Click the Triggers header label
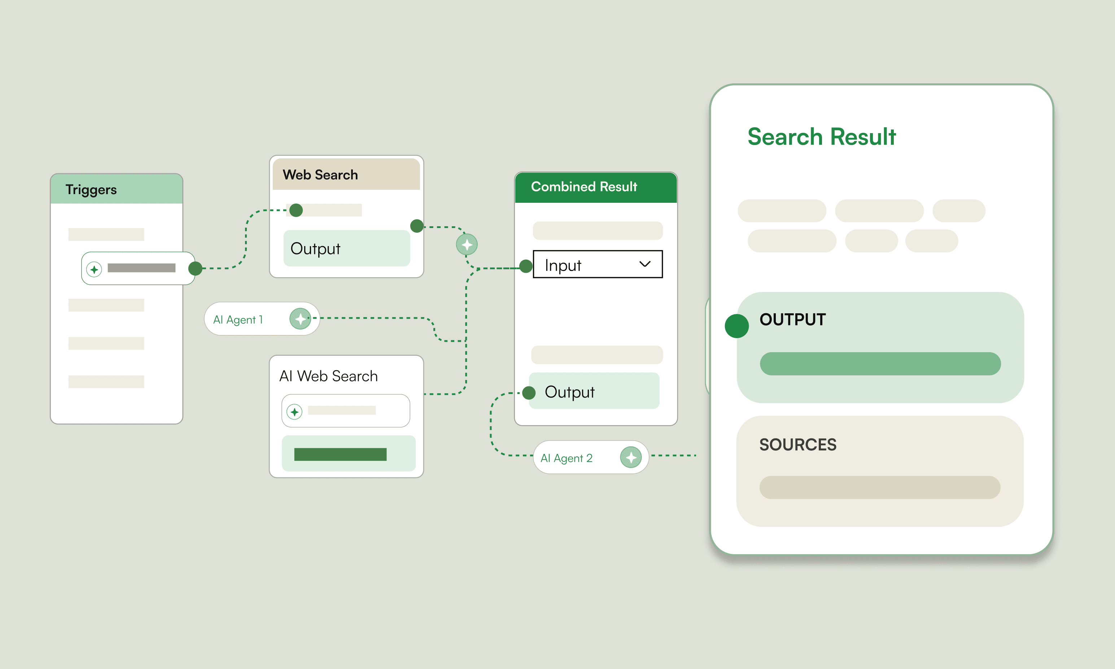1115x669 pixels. [x=91, y=190]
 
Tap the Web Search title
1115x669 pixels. [x=320, y=175]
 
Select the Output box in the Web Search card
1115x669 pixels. [x=346, y=248]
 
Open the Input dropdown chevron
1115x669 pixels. [x=645, y=264]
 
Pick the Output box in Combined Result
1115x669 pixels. [x=594, y=391]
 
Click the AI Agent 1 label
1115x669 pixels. [x=237, y=320]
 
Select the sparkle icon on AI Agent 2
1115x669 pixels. [x=631, y=457]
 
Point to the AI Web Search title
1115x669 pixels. [x=329, y=376]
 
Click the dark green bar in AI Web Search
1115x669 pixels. [x=340, y=454]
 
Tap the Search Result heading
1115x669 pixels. [x=822, y=137]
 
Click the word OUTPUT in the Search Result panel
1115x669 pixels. [x=792, y=320]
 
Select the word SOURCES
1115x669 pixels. [x=798, y=445]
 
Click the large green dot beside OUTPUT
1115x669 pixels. [x=737, y=326]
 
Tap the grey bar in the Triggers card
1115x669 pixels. [x=141, y=268]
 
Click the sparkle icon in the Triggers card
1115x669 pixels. [x=94, y=269]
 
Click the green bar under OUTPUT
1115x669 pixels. [x=880, y=364]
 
